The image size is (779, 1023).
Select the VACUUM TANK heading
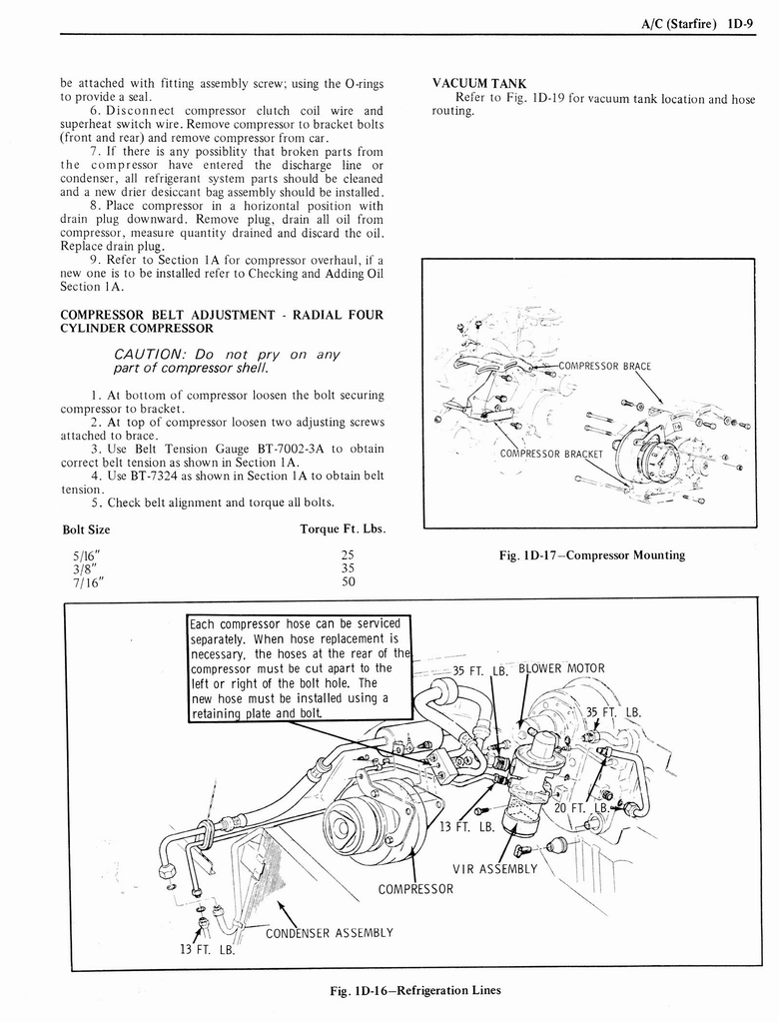click(478, 83)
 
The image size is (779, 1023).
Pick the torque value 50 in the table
click(348, 581)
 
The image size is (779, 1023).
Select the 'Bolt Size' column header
click(86, 528)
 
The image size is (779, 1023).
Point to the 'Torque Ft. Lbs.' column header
click(343, 528)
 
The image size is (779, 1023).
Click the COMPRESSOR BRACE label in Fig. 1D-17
click(604, 366)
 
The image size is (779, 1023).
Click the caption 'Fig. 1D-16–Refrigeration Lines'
click(414, 991)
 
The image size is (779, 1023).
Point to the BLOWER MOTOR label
click(561, 669)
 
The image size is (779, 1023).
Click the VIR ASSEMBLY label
click(494, 868)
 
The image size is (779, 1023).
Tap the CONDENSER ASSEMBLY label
click(329, 934)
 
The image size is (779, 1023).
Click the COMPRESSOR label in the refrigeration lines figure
click(415, 889)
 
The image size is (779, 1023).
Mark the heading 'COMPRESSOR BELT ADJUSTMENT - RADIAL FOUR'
click(221, 315)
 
